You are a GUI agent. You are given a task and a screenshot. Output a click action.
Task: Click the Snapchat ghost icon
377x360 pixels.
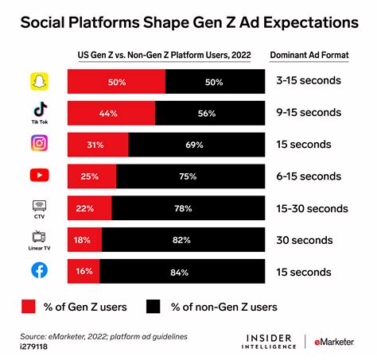coord(38,81)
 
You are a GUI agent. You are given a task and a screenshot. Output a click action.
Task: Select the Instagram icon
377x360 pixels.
coord(38,144)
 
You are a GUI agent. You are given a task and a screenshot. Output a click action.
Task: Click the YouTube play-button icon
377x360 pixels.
coord(38,176)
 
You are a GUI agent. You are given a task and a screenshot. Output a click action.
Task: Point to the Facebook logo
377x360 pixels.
coord(38,272)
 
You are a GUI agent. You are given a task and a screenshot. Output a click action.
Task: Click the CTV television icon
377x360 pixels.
coord(38,205)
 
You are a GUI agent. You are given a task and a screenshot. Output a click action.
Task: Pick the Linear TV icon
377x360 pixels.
coord(38,236)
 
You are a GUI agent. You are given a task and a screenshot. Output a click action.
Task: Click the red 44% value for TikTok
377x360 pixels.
coord(108,114)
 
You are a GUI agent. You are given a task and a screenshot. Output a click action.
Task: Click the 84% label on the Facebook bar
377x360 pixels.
coord(178,272)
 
